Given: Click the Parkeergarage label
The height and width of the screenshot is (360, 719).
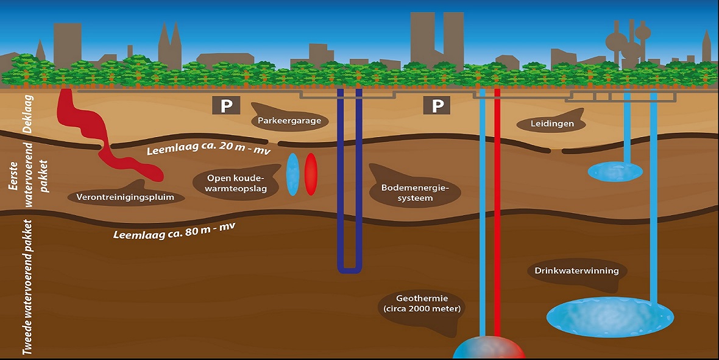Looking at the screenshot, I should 289,121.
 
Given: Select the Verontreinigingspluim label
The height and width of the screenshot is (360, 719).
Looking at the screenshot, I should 126,197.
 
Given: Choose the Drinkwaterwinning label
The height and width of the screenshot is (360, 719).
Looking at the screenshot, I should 576,271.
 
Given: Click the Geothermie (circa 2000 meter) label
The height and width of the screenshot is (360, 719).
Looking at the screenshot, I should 422,303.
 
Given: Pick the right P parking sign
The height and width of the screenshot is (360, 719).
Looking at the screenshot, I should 437,106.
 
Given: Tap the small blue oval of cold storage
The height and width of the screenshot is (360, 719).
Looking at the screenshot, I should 293,174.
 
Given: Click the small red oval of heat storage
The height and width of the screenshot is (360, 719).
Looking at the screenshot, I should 311,174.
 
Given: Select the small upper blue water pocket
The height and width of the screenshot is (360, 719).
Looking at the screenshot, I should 614,171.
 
